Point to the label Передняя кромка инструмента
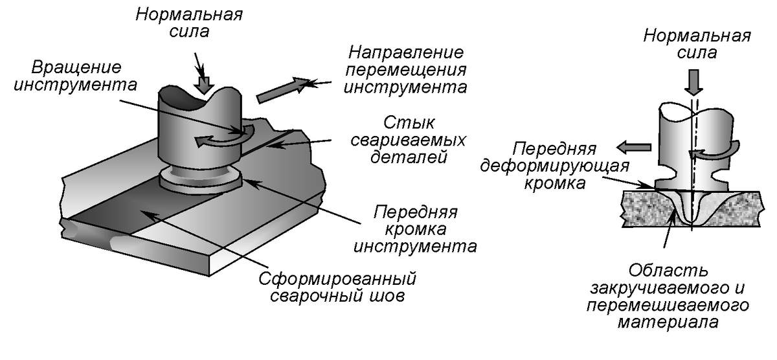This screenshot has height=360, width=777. (x=418, y=229)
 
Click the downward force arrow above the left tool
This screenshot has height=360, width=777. (x=205, y=84)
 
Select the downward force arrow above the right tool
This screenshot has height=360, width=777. (x=693, y=82)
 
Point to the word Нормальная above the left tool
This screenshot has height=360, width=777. (x=188, y=14)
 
